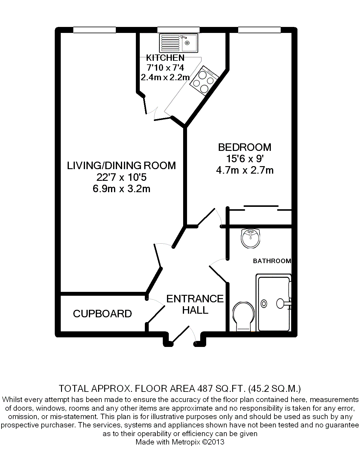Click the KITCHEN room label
pyautogui.click(x=165, y=58)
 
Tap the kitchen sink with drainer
pyautogui.click(x=179, y=43)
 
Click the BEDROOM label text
pyautogui.click(x=244, y=147)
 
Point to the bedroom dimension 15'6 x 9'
pyautogui.click(x=244, y=159)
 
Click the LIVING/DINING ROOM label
pyautogui.click(x=121, y=166)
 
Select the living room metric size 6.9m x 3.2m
pyautogui.click(x=121, y=189)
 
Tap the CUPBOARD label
pyautogui.click(x=102, y=314)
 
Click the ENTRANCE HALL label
pyautogui.click(x=195, y=304)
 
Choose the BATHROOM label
pyautogui.click(x=272, y=261)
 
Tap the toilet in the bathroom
pyautogui.click(x=243, y=317)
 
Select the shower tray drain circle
pyautogui.click(x=264, y=304)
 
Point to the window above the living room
pyautogui.click(x=94, y=30)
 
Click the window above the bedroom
pyautogui.click(x=259, y=30)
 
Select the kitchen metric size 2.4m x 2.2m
pyautogui.click(x=165, y=77)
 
